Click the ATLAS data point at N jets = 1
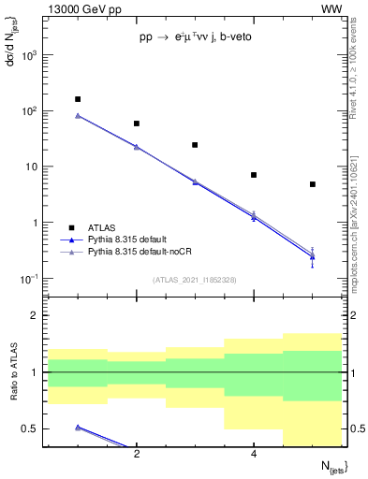pyautogui.click(x=78, y=99)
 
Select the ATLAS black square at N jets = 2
pyautogui.click(x=137, y=123)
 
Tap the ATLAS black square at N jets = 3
pyautogui.click(x=195, y=145)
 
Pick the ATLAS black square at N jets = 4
pyautogui.click(x=254, y=175)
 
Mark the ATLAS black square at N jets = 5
pyautogui.click(x=313, y=184)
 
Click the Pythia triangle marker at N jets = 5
pyautogui.click(x=313, y=255)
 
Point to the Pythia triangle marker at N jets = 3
pyautogui.click(x=195, y=181)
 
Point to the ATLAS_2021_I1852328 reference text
pyautogui.click(x=195, y=280)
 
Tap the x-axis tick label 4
pyautogui.click(x=254, y=455)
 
